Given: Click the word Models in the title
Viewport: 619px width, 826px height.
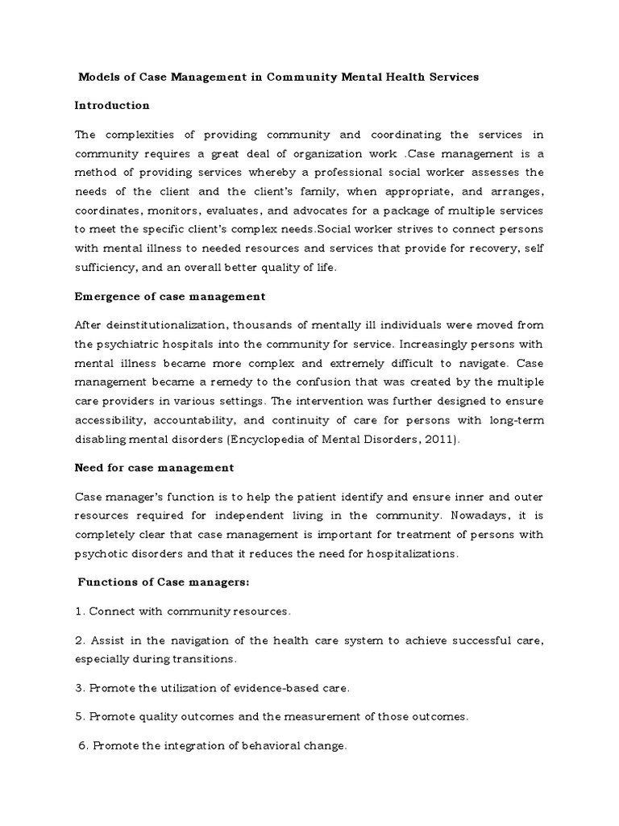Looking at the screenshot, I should [x=98, y=77].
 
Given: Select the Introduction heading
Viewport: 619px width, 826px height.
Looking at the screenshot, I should [x=112, y=105].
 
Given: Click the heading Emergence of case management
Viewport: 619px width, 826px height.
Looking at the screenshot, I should [x=169, y=296].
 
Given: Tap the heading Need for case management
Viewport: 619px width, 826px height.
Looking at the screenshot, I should [x=154, y=467].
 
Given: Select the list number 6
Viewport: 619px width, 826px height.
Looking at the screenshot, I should [x=82, y=746].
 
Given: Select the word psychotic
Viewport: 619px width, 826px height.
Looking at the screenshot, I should [x=104, y=553].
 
